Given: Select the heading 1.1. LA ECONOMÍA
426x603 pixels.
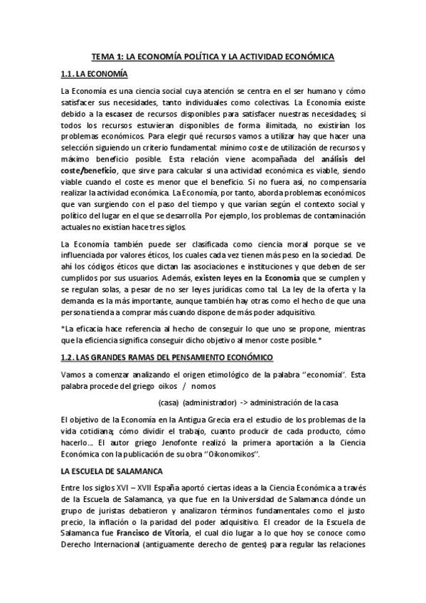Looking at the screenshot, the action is point(96,74).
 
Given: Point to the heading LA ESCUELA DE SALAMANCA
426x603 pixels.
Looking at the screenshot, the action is point(113,471).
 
